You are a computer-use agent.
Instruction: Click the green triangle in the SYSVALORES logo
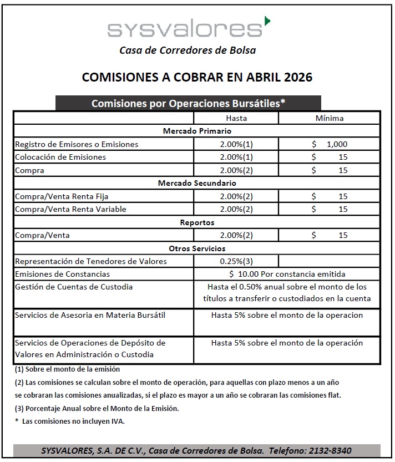(268, 21)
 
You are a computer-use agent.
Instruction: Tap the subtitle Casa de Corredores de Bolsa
(188, 50)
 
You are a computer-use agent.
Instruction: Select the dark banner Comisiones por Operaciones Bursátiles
(188, 103)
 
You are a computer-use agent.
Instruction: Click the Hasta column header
(236, 118)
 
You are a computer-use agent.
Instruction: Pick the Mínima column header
(330, 118)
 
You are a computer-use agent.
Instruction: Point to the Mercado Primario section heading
(197, 131)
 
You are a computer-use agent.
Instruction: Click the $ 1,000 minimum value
(330, 144)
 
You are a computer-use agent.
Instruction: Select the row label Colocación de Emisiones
(60, 157)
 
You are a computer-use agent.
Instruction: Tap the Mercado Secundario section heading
(197, 183)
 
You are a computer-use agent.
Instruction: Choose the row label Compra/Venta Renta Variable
(70, 209)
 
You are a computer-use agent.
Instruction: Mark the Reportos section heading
(197, 222)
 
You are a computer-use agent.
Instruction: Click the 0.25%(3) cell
(236, 261)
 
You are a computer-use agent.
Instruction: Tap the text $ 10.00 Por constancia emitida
(287, 274)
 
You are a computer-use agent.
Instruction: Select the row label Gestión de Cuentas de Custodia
(74, 287)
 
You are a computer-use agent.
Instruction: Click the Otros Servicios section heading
(197, 248)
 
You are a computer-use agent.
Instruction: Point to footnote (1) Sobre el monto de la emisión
(67, 369)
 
